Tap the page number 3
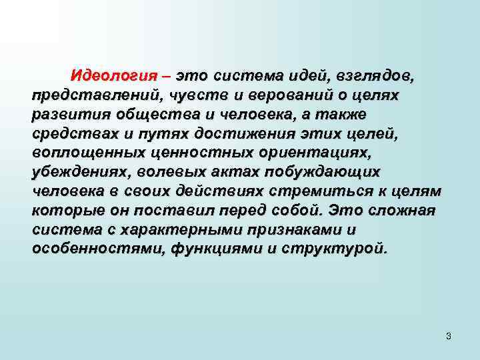449,336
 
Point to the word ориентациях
312,153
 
